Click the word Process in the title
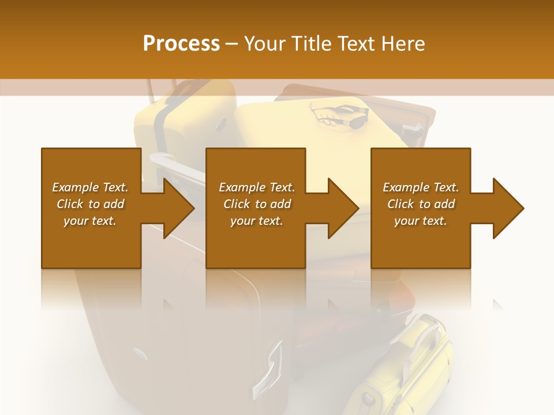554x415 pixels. click(x=181, y=44)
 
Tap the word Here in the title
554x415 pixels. click(x=403, y=44)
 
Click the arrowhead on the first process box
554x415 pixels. click(x=178, y=208)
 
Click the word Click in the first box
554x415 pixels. click(x=71, y=204)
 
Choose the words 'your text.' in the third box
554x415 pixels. click(x=420, y=221)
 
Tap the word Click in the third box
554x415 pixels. click(x=402, y=204)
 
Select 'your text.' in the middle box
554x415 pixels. click(x=256, y=221)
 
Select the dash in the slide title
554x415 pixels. click(x=232, y=44)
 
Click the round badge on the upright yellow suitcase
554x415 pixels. click(x=222, y=123)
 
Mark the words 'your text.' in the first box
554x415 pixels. click(x=89, y=221)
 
